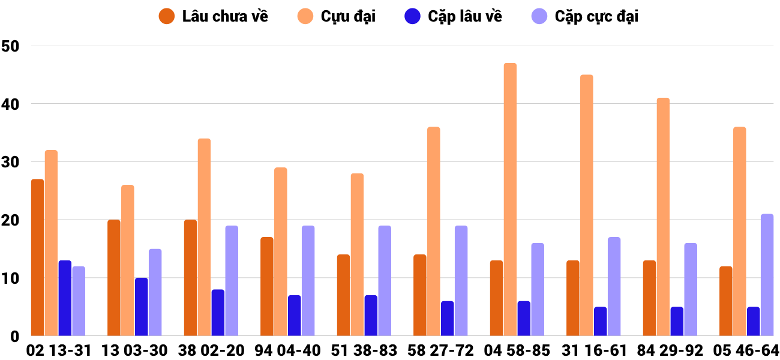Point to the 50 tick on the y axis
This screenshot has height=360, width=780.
click(x=10, y=46)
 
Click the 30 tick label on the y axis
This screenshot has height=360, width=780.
click(x=10, y=162)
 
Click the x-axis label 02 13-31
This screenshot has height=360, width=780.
click(x=59, y=350)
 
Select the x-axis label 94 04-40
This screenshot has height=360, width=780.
click(x=288, y=350)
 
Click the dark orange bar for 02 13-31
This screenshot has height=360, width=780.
click(x=37, y=257)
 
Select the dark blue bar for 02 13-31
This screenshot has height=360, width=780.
click(x=65, y=298)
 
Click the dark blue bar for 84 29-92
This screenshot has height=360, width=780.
click(x=677, y=322)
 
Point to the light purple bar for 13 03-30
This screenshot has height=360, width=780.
click(x=155, y=292)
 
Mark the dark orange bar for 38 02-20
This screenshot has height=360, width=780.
click(x=190, y=278)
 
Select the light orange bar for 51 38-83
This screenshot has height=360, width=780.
click(x=357, y=254)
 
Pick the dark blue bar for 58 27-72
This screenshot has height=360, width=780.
click(x=447, y=319)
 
